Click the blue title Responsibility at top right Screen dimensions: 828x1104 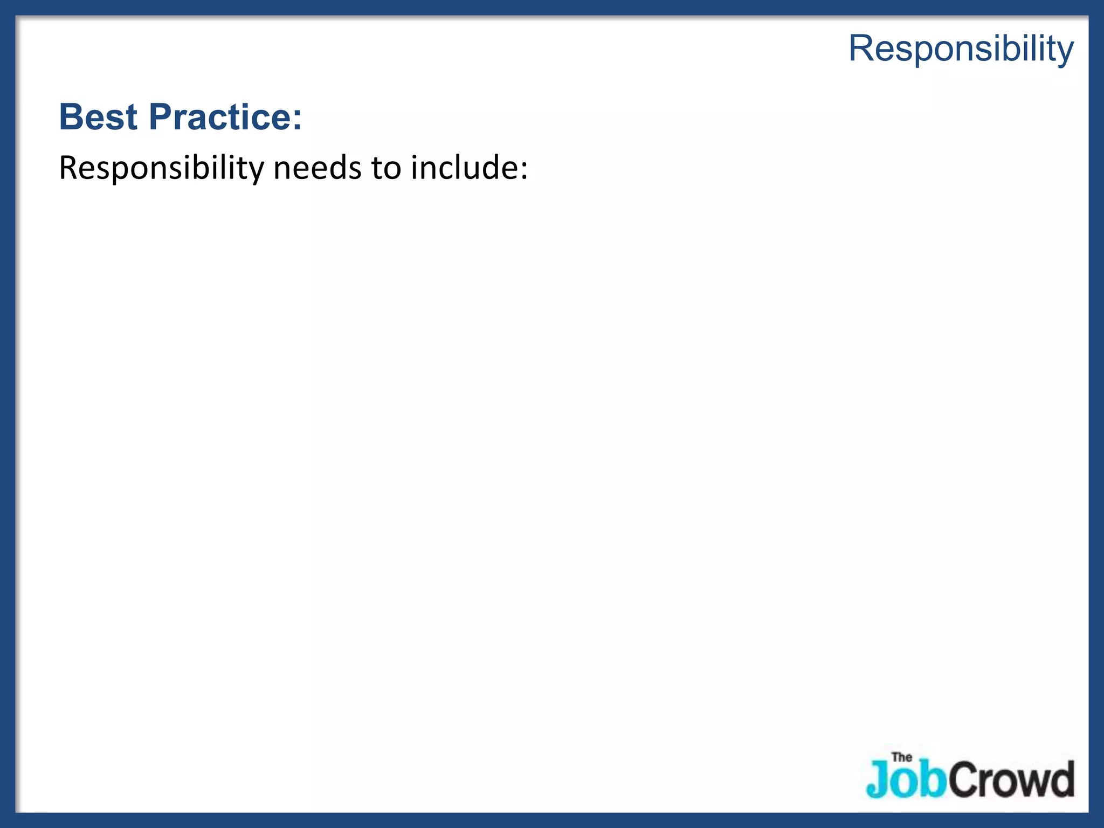click(961, 49)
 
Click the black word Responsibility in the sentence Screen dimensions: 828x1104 click(161, 168)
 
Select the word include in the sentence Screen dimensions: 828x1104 click(462, 168)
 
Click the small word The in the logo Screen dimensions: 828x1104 click(902, 757)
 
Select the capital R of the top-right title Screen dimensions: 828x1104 click(861, 49)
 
